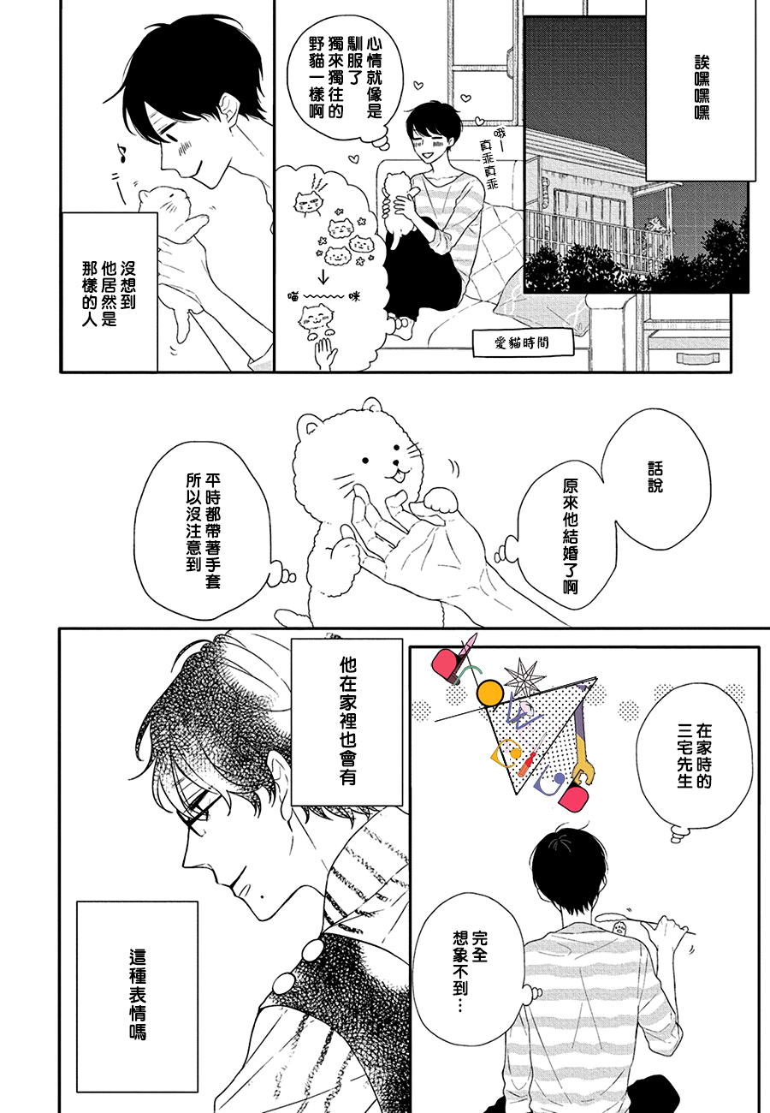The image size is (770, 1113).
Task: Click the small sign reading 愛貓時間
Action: click(523, 342)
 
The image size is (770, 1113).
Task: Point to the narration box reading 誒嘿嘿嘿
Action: click(701, 89)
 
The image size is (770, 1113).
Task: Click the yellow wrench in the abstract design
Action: click(581, 769)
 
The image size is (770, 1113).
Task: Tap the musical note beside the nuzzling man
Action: click(121, 153)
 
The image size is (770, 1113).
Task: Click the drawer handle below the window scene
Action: click(698, 358)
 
